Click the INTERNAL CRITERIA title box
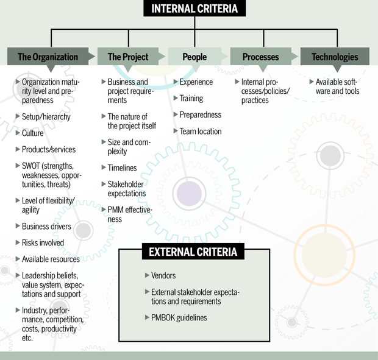pyautogui.click(x=195, y=9)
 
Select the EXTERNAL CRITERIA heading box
pyautogui.click(x=193, y=251)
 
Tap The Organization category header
pyautogui.click(x=48, y=57)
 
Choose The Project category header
pyautogui.click(x=128, y=57)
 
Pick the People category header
pyautogui.click(x=195, y=57)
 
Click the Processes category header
pyautogui.click(x=260, y=57)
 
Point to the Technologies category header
pyautogui.click(x=335, y=57)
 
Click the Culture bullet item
pyautogui.click(x=32, y=133)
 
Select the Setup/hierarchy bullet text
pyautogui.click(x=46, y=116)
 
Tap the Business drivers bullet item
pyautogui.click(x=46, y=227)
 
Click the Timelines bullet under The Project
pyautogui.click(x=122, y=168)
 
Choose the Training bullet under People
pyautogui.click(x=191, y=98)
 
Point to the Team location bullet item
pyautogui.click(x=200, y=131)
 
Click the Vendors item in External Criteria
pyautogui.click(x=163, y=276)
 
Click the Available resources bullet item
pyautogui.click(x=51, y=259)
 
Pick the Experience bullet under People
pyautogui.click(x=196, y=82)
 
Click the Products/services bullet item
pyautogui.click(x=49, y=149)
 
